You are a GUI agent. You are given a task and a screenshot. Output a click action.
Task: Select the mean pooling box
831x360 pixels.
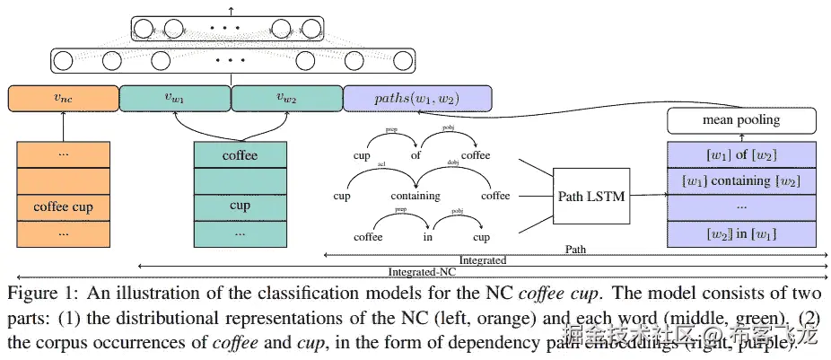coord(740,120)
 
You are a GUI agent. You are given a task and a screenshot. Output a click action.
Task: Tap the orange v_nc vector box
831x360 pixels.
coord(63,98)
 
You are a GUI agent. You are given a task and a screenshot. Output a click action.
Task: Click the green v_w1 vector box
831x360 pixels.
coord(175,98)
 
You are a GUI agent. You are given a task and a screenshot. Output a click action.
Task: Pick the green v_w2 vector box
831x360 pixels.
coord(287,98)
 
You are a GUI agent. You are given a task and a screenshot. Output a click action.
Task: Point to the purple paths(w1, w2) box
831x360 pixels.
coord(416,98)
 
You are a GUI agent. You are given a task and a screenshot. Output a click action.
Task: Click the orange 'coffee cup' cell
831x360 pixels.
coord(63,207)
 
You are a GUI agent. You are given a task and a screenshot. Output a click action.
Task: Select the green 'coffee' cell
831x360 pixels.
coord(240,156)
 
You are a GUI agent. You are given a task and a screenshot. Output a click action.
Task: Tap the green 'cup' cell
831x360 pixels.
coord(240,205)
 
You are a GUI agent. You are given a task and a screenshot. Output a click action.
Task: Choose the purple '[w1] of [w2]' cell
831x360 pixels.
coord(740,155)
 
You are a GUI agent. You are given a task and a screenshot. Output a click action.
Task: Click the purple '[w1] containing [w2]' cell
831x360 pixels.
coord(740,181)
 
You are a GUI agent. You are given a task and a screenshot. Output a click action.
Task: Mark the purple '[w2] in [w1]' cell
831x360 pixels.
coord(740,233)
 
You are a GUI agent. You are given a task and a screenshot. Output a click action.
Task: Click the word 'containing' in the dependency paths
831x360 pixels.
coord(415,196)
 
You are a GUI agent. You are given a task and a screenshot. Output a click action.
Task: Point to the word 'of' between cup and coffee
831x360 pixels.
coord(415,155)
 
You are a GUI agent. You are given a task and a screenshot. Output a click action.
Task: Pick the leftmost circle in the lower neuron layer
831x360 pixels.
coord(64,62)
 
